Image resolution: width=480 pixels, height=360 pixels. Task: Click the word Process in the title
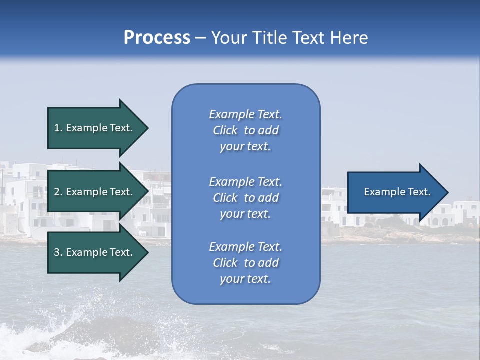tap(157, 38)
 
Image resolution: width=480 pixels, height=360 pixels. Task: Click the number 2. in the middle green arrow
tap(58, 192)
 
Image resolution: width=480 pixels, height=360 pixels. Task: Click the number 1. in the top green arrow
tap(58, 128)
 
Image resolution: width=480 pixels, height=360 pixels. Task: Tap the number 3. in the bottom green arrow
tap(58, 252)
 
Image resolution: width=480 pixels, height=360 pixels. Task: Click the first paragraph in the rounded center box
tap(245, 130)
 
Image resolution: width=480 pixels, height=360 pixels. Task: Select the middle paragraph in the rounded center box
tap(245, 198)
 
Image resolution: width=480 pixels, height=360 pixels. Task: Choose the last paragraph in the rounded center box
tap(245, 263)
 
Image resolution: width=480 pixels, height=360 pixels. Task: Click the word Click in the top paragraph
tap(225, 130)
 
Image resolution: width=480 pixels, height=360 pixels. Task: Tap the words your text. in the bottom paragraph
tap(245, 279)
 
